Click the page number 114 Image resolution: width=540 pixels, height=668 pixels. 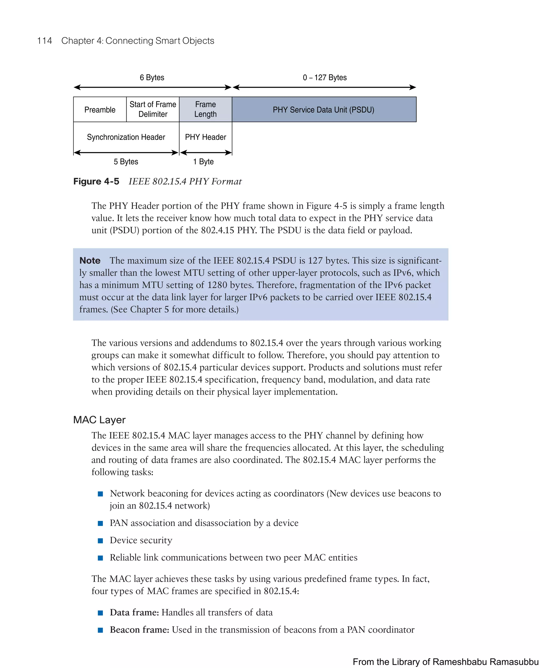[x=45, y=41]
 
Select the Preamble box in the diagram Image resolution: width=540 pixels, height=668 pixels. [x=100, y=109]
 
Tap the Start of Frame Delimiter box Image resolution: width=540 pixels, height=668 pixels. [x=153, y=109]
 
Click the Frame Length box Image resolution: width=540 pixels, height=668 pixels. [x=205, y=109]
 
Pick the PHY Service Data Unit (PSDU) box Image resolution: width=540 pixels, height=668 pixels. [x=324, y=109]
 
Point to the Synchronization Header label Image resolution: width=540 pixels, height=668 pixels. [x=126, y=137]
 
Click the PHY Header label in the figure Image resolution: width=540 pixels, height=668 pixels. [x=205, y=137]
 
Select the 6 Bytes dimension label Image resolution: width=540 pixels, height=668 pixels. [x=152, y=78]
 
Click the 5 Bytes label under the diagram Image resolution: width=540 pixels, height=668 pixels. [x=126, y=162]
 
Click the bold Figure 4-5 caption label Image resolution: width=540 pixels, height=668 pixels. [x=96, y=181]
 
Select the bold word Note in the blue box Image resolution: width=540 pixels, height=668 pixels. [x=90, y=261]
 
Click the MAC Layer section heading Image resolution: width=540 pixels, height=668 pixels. [x=99, y=420]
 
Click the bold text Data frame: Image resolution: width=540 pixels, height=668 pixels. [x=134, y=612]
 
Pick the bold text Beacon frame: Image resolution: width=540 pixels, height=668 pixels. [x=139, y=630]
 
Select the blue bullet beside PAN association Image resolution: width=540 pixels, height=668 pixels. [x=100, y=523]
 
